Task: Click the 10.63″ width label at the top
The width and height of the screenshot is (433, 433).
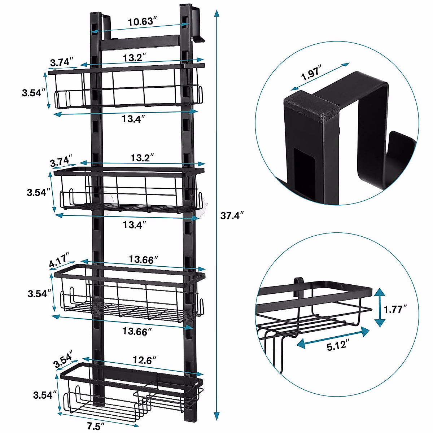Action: pos(142,22)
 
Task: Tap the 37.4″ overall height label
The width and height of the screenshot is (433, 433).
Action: pos(232,216)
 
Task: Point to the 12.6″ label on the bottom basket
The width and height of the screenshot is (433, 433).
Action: pos(144,360)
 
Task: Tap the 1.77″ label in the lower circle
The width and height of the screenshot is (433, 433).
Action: pos(395,309)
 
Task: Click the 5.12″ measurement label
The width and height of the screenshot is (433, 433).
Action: pos(336,346)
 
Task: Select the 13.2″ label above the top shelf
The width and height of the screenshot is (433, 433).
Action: pos(134,57)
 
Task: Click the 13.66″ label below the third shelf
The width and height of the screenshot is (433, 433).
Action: pos(135,331)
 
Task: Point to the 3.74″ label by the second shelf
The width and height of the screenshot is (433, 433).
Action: pos(61,161)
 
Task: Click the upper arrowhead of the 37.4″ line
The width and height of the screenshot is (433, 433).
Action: pos(216,14)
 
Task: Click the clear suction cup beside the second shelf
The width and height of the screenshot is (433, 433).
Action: pos(201,208)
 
